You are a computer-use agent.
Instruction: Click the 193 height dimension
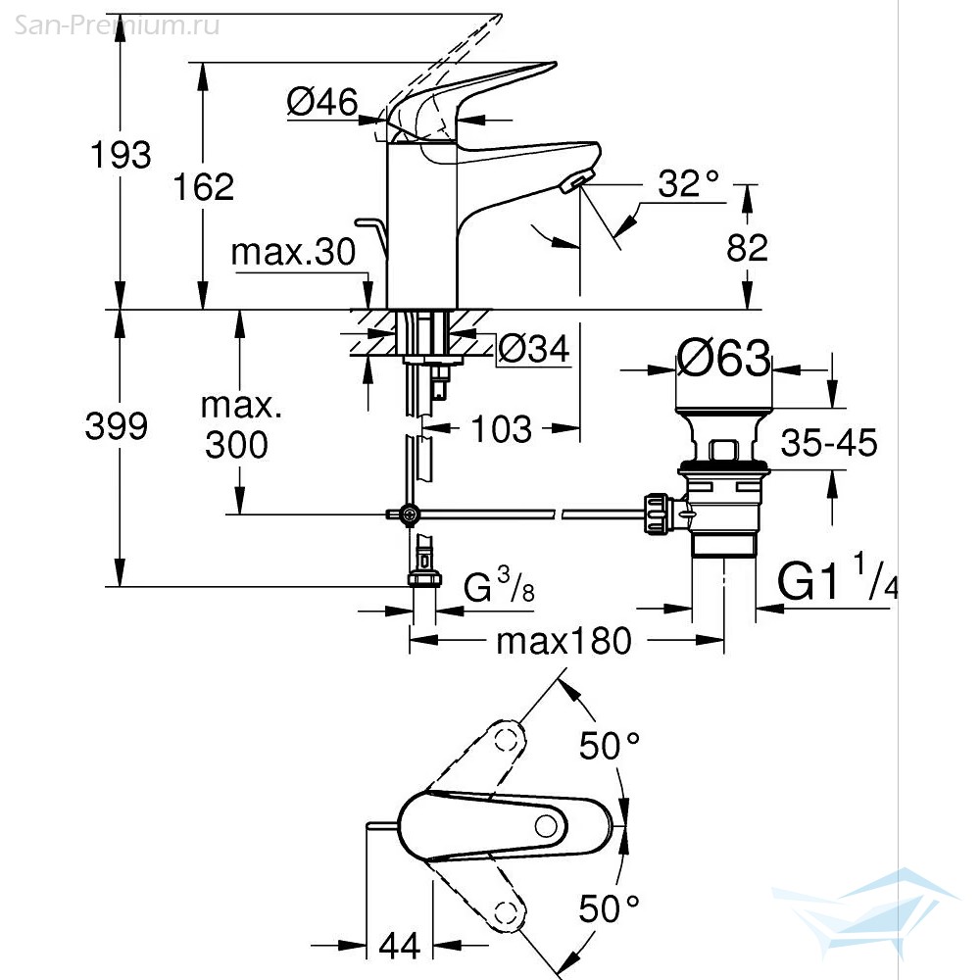[121, 155]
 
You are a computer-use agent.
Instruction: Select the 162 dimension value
[204, 187]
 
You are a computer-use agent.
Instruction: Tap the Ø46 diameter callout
[322, 101]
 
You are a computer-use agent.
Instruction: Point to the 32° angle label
[689, 184]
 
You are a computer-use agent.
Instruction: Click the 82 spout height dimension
[747, 248]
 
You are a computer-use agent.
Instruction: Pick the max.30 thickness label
[293, 252]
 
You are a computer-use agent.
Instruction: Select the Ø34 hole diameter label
[534, 349]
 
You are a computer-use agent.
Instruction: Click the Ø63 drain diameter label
[724, 358]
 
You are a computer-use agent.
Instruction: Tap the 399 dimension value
[117, 426]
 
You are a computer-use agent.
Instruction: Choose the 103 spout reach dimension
[501, 429]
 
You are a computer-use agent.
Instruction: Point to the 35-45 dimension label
[829, 443]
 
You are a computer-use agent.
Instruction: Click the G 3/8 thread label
[499, 585]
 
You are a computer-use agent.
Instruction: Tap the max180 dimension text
[563, 641]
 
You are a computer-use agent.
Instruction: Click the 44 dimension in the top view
[400, 946]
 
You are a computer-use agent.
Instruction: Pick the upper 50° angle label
[610, 745]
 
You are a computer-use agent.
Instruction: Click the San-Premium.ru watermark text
[117, 25]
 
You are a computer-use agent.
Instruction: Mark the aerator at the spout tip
[575, 182]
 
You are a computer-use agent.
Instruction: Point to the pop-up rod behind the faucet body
[372, 236]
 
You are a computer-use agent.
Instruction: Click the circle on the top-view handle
[546, 826]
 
